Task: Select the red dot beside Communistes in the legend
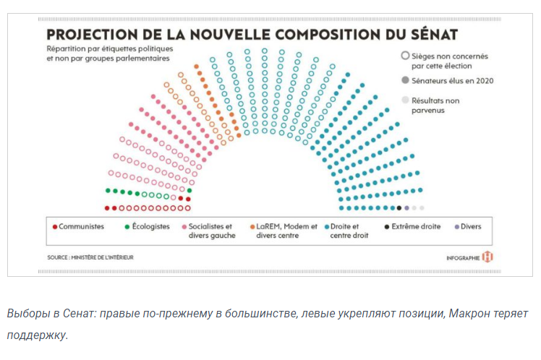55,226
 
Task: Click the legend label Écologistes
150,226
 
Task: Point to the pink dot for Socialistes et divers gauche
185,226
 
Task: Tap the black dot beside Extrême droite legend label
388,226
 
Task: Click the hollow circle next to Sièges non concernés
404,55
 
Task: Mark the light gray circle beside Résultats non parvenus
404,100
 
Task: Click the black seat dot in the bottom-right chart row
399,208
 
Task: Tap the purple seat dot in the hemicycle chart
406,208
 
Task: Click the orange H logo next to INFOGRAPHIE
487,257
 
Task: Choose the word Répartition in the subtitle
63,48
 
